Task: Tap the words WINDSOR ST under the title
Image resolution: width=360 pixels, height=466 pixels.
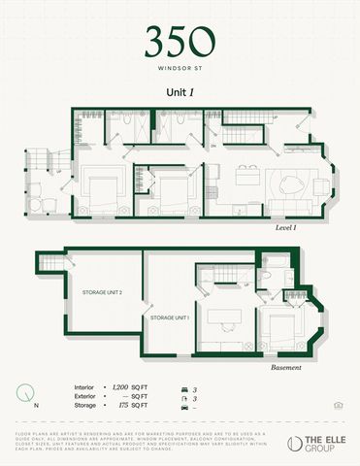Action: (180, 69)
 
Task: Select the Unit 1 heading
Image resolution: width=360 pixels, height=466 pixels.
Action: (180, 91)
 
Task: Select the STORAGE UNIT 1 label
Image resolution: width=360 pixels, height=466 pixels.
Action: (168, 317)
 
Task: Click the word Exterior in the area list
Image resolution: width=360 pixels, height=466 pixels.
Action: (84, 398)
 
